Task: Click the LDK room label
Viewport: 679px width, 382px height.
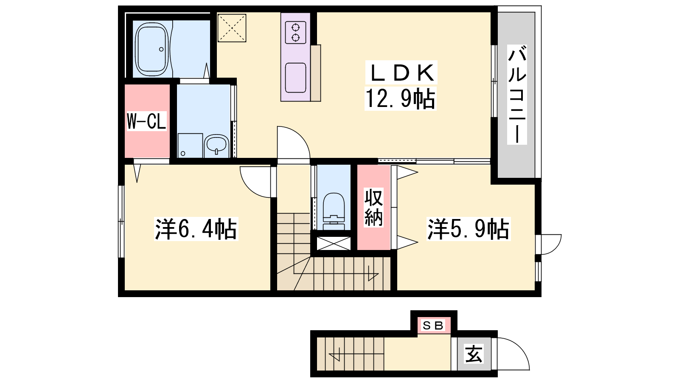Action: [401, 73]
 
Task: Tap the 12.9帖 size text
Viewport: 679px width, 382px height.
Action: [401, 98]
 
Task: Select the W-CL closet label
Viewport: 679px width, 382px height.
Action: [146, 121]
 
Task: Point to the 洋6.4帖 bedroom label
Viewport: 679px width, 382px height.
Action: [196, 229]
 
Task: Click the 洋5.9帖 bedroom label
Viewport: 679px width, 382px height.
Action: [469, 229]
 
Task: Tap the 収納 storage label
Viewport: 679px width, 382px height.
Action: [373, 208]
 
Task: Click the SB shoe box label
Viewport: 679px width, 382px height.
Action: [433, 326]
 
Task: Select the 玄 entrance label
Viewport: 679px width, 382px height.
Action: [474, 354]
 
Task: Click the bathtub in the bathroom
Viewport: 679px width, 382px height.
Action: [152, 49]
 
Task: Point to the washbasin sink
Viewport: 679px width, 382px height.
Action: [216, 146]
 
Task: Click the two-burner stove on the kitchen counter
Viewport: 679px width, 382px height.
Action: [295, 33]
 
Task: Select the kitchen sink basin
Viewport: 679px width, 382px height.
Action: [295, 78]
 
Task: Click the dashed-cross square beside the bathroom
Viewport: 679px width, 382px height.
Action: [232, 28]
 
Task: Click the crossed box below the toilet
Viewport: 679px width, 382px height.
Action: [334, 244]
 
